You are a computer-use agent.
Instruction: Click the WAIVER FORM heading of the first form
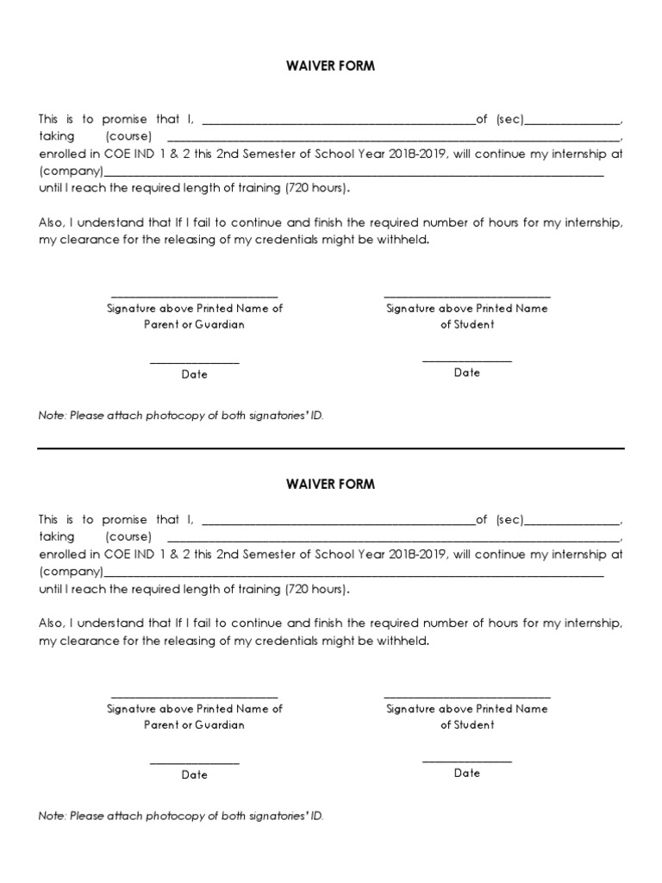click(331, 66)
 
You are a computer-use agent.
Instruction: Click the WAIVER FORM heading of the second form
click(331, 484)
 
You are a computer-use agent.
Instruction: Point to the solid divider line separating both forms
click(331, 448)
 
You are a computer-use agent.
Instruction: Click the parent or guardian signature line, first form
click(195, 296)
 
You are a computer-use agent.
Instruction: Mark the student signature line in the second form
click(467, 696)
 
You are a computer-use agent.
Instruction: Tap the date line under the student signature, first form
click(467, 360)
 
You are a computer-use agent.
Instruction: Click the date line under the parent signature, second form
click(195, 762)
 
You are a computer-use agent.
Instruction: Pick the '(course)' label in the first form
click(129, 137)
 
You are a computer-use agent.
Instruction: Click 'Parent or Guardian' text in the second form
click(195, 725)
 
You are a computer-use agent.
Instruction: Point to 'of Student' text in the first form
click(467, 325)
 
